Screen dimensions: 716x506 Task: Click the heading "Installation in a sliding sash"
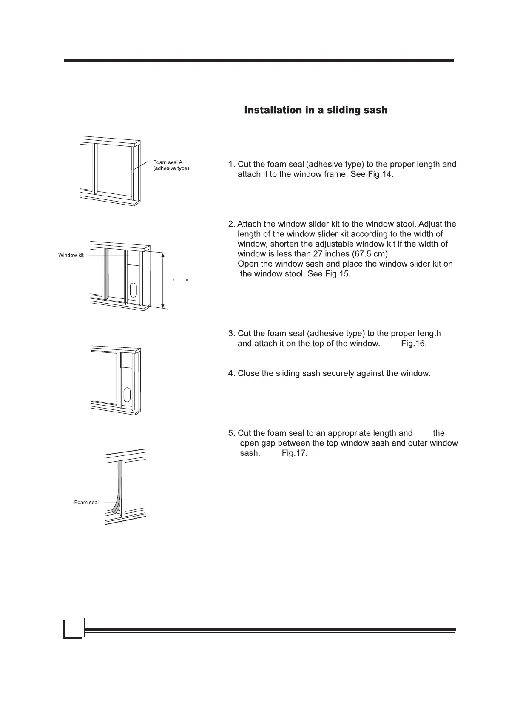[x=316, y=110]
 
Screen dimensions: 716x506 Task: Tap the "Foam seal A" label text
[x=168, y=162]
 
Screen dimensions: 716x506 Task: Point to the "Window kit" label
[x=71, y=255]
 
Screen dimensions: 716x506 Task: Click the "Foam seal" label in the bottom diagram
[x=86, y=502]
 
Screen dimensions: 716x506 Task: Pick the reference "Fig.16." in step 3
[x=414, y=344]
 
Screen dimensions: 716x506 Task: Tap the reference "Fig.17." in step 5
[x=295, y=453]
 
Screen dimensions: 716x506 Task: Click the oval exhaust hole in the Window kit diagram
[x=134, y=290]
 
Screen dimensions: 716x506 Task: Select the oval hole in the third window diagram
[x=126, y=395]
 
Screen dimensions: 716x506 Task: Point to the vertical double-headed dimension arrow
[x=163, y=280]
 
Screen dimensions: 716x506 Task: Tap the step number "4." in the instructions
[x=232, y=373]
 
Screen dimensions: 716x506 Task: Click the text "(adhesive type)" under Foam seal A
[x=171, y=168]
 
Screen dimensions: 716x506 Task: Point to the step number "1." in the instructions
[x=232, y=165]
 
